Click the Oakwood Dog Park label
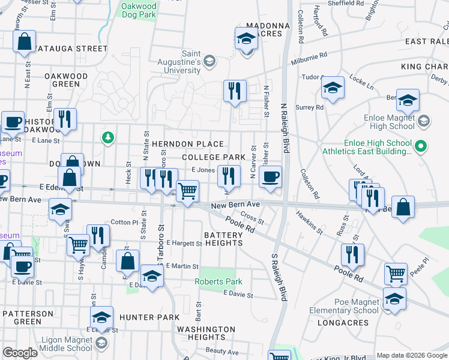(139, 11)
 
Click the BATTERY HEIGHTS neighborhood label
(214, 239)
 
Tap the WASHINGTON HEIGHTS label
(206, 333)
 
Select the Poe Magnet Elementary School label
(344, 306)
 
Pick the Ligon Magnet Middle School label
(67, 344)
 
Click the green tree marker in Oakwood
(107, 138)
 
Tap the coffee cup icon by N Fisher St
(271, 177)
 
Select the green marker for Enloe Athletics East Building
(421, 146)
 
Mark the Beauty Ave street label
(218, 350)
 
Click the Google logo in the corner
(20, 353)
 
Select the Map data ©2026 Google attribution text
(411, 355)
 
